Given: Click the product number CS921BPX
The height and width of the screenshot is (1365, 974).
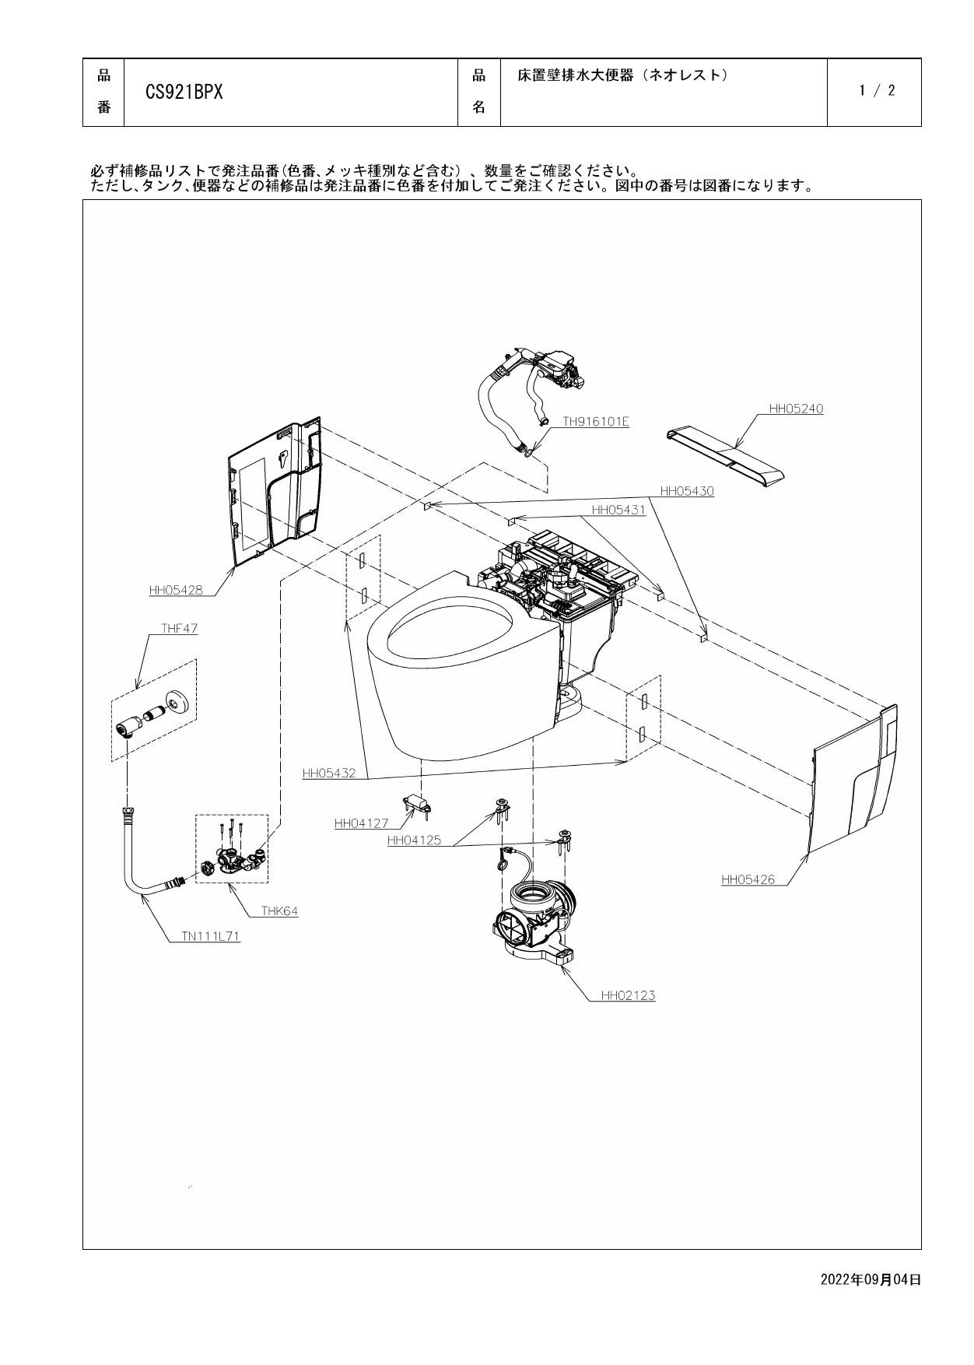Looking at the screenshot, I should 184,93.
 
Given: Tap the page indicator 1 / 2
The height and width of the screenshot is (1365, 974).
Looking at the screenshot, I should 877,91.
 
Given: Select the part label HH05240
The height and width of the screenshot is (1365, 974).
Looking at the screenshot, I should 795,409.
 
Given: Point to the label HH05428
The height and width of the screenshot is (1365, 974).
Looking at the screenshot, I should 176,590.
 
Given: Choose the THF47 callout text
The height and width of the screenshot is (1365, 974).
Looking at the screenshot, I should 179,629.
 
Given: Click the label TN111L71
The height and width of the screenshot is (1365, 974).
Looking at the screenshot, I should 210,937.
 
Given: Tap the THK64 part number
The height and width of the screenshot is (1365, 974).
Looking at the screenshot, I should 279,911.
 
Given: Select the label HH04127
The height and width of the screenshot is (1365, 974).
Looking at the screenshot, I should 361,823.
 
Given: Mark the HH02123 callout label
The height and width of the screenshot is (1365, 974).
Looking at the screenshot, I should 627,995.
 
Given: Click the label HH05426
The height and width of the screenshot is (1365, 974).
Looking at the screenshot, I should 748,879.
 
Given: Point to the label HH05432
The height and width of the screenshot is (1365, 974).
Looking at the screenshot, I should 328,774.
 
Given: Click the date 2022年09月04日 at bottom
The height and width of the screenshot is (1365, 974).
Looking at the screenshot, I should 871,1279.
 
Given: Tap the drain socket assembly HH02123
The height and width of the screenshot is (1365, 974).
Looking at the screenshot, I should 538,918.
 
